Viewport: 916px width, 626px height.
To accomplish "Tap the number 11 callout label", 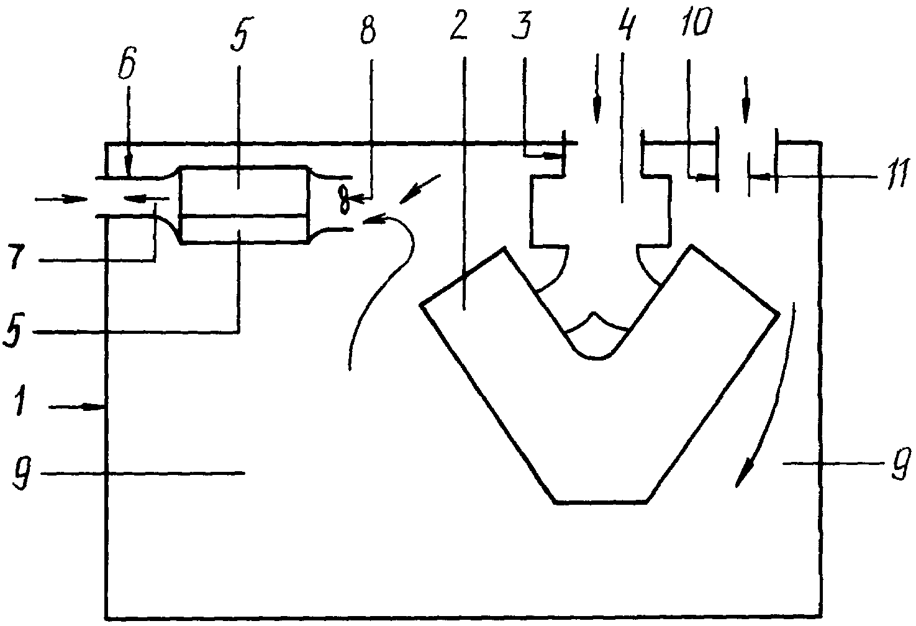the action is click(897, 176).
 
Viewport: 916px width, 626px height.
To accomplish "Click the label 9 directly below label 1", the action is click(21, 474).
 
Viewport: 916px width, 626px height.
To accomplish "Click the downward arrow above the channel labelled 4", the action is click(597, 88).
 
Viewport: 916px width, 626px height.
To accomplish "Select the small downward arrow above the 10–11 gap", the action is click(746, 99).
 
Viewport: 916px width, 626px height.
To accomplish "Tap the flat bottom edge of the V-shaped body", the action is click(601, 502).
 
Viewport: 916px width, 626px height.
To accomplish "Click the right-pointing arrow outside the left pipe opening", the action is click(61, 200).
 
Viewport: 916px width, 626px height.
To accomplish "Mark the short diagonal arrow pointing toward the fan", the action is click(420, 189).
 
